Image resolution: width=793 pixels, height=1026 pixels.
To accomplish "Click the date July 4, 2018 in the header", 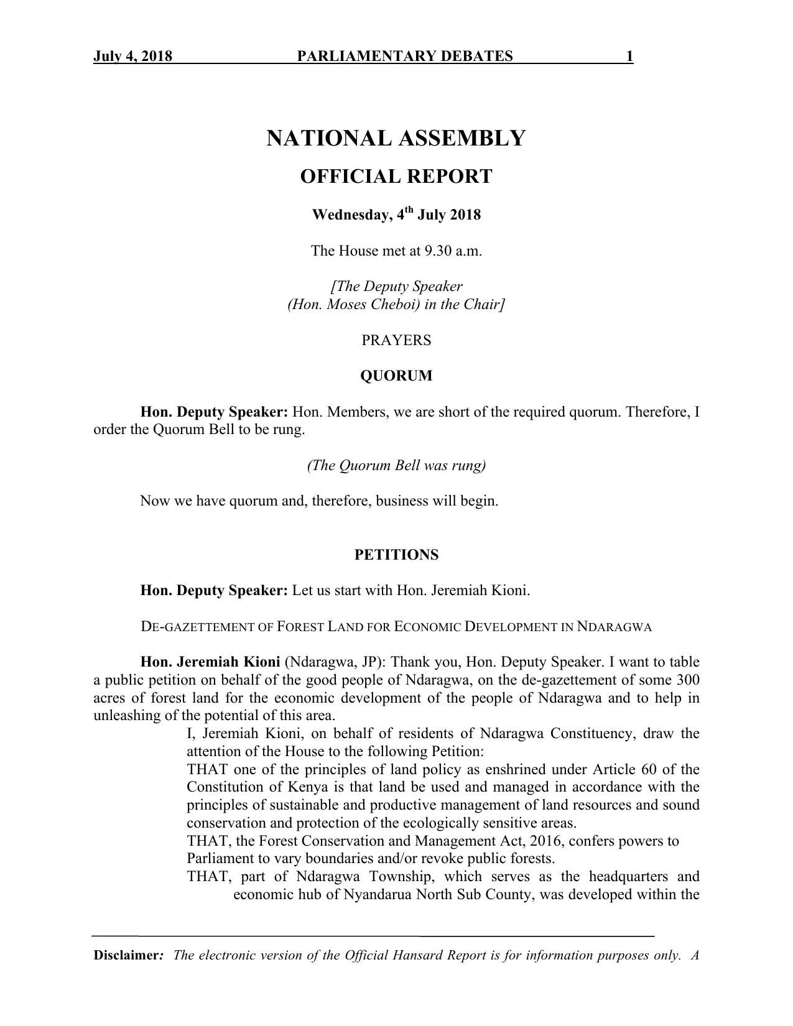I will click(132, 57).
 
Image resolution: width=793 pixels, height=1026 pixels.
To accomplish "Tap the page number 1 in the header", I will click(629, 57).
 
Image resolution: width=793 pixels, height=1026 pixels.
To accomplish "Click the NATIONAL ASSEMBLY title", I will click(396, 138).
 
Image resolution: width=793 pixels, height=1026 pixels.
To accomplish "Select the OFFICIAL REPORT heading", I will click(396, 177).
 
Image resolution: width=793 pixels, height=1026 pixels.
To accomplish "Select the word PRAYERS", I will click(396, 341).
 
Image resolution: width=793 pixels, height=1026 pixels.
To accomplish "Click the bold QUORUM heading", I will click(396, 376).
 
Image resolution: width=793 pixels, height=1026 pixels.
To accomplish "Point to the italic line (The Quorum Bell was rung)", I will click(396, 466).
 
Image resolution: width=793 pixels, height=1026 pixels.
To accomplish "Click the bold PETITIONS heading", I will click(396, 555).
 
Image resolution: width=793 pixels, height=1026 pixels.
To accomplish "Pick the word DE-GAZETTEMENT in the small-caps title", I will click(198, 627).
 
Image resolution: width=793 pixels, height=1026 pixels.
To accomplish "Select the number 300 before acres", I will click(688, 680).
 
